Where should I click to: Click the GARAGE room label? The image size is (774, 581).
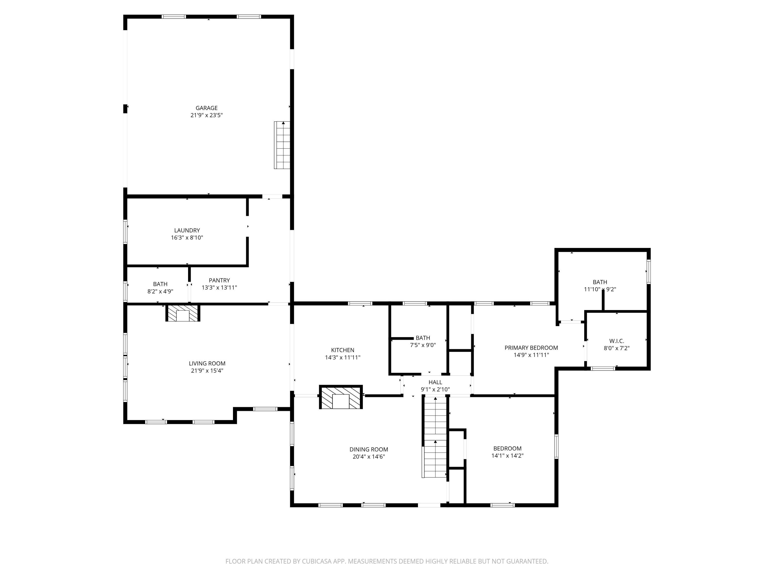[x=206, y=108]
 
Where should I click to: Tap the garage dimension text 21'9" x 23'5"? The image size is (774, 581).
[x=206, y=115]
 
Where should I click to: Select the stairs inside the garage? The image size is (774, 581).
[x=282, y=145]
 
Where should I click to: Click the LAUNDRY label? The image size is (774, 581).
[x=187, y=230]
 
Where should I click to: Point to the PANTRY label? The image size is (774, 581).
[x=219, y=280]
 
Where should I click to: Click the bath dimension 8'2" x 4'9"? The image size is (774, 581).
[x=160, y=291]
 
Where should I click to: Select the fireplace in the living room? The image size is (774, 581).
[x=183, y=313]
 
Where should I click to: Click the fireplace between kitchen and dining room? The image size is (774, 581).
[x=341, y=397]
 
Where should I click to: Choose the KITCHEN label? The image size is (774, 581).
[x=343, y=350]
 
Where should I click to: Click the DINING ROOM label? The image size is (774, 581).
[x=369, y=450]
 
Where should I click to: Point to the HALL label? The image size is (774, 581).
[x=435, y=382]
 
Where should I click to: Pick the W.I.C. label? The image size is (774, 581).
[x=617, y=341]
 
